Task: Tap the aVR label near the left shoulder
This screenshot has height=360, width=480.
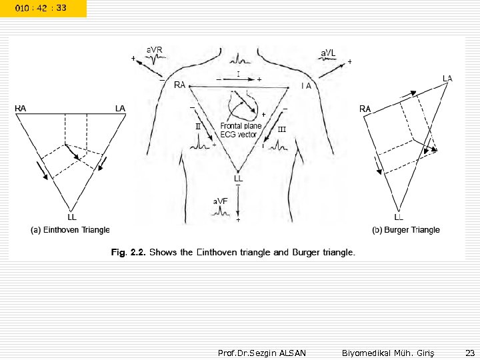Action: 155,49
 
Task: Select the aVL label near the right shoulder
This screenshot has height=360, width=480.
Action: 329,52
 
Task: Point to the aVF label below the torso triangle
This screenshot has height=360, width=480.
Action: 220,201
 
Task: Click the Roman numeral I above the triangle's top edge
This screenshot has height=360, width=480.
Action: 238,74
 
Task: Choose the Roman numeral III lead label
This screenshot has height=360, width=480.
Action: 281,129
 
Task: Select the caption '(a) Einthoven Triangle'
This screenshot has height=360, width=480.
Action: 70,230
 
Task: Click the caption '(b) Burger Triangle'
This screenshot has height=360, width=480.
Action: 406,230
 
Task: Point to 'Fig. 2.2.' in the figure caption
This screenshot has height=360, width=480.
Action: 128,253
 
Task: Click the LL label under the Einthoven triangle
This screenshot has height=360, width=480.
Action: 72,217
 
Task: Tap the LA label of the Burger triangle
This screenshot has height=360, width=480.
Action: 447,79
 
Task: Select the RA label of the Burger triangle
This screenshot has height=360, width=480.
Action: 365,108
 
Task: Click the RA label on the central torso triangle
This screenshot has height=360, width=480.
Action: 179,85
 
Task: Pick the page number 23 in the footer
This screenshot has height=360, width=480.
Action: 468,352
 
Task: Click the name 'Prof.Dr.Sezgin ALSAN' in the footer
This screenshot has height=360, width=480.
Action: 262,352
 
